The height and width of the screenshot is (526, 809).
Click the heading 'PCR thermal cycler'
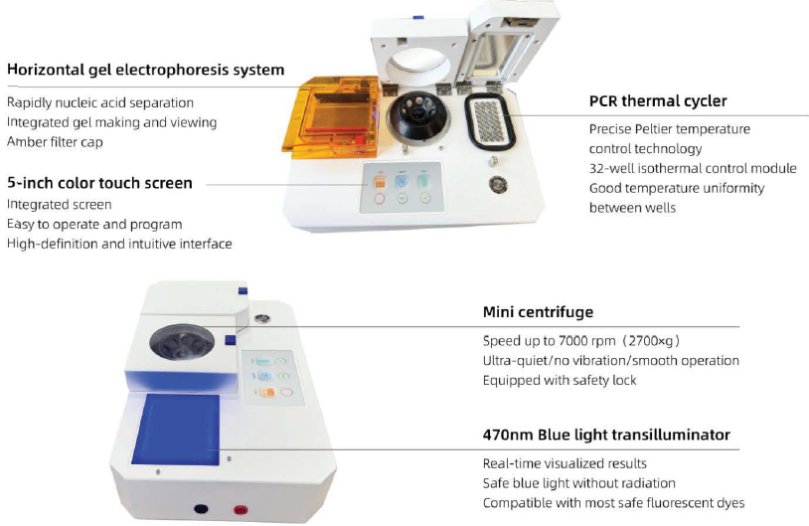657,101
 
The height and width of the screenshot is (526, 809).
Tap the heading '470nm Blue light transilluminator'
606,435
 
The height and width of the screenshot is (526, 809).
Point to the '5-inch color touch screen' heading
99,183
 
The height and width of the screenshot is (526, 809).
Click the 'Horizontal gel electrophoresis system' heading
145,71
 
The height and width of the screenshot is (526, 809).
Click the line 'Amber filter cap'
57,142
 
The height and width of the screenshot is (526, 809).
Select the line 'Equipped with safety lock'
560,380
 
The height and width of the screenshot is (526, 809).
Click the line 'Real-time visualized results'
565,463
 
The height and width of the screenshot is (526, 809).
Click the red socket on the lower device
240,512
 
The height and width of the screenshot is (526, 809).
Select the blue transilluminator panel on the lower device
181,430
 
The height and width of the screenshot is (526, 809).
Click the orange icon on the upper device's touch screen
379,181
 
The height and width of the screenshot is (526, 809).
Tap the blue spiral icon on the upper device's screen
401,181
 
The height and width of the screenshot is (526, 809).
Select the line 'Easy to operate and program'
94,225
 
